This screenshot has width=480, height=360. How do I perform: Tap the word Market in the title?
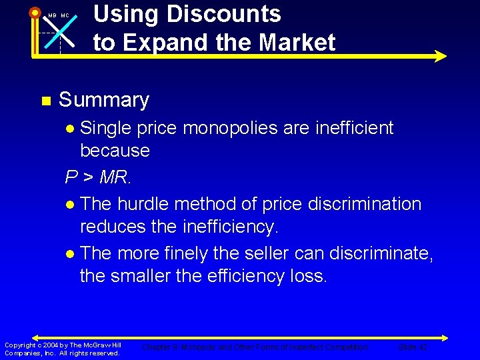[x=297, y=43]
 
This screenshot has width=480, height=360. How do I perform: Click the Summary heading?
[x=104, y=100]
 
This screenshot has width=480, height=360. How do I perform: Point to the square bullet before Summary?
[x=45, y=101]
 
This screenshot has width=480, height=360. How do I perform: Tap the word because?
[x=115, y=151]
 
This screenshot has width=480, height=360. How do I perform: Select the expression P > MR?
[x=98, y=177]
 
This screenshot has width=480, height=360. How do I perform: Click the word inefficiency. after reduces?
[x=229, y=227]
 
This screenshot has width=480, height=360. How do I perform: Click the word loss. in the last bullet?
[x=303, y=276]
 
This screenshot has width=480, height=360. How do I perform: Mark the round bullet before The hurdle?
[x=71, y=204]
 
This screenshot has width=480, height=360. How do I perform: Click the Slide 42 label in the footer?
[x=413, y=347]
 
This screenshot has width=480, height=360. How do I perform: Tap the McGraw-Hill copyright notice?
[x=63, y=349]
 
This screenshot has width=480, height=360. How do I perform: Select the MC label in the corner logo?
[x=65, y=15]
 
